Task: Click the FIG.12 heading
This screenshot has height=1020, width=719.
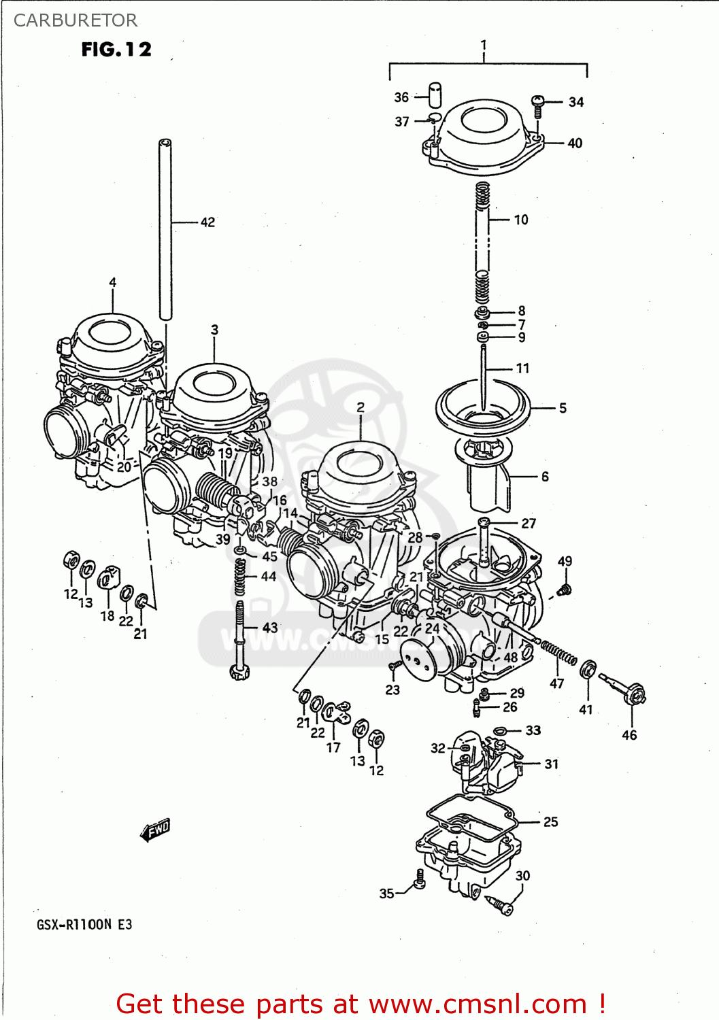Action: pyautogui.click(x=116, y=50)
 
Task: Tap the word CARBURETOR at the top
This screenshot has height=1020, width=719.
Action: pyautogui.click(x=75, y=20)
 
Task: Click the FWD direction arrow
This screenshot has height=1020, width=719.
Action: pyautogui.click(x=155, y=830)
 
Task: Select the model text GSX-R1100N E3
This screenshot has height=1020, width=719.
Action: pyautogui.click(x=84, y=925)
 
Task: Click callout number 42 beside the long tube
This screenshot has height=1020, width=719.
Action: pyautogui.click(x=207, y=222)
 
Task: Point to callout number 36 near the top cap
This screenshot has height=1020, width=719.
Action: pyautogui.click(x=401, y=97)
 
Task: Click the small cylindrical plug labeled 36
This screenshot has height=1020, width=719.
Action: pyautogui.click(x=435, y=95)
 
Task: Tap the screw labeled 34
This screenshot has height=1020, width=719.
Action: pyautogui.click(x=537, y=103)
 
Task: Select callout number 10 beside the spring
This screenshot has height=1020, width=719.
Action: pyautogui.click(x=521, y=220)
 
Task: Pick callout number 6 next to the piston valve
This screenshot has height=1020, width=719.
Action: pyautogui.click(x=545, y=477)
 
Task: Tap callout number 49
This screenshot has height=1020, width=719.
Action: pyautogui.click(x=565, y=561)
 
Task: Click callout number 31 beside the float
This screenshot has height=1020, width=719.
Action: pyautogui.click(x=551, y=764)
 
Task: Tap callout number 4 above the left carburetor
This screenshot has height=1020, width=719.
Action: pyautogui.click(x=112, y=282)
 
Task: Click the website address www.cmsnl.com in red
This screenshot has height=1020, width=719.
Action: pyautogui.click(x=478, y=1004)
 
